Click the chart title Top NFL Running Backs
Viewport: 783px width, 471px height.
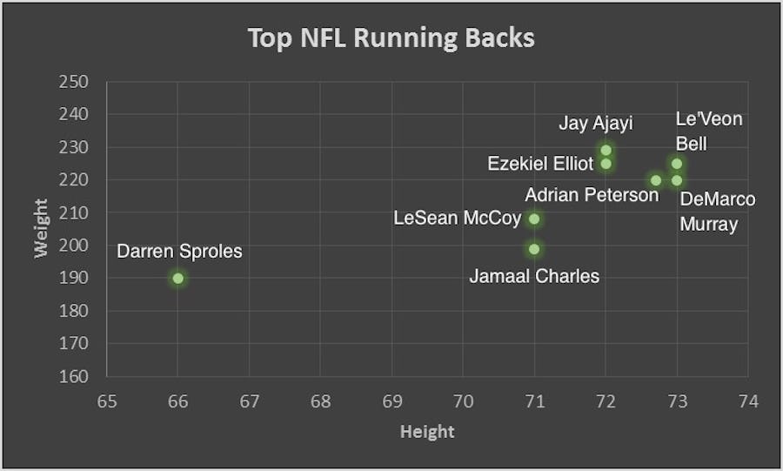391,39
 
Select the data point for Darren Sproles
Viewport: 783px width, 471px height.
177,279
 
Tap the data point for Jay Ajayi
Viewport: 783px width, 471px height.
606,150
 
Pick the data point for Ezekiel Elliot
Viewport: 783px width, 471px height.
606,164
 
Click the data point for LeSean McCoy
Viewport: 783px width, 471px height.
534,219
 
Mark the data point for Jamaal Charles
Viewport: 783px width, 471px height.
534,249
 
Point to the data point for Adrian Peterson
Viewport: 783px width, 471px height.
656,181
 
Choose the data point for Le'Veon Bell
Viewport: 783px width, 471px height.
677,164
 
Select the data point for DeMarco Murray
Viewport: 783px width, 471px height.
677,180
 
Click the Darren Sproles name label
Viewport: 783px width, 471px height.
179,252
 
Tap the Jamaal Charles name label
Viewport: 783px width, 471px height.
534,277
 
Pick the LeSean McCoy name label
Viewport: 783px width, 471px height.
458,219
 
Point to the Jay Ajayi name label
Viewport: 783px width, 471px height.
596,123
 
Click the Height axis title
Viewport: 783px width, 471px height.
427,431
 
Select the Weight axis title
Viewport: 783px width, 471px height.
41,229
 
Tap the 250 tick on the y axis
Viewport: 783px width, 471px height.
74,82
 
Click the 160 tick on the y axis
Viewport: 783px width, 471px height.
74,377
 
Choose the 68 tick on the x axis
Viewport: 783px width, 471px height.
320,401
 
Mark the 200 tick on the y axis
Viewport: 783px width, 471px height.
74,246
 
